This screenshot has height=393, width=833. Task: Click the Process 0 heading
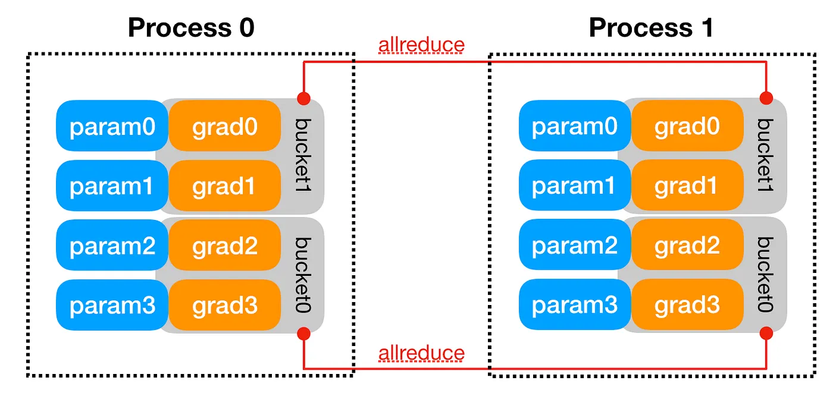[x=191, y=27]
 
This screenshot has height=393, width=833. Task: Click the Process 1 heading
[x=651, y=27]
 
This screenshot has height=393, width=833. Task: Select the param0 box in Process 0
[x=112, y=126]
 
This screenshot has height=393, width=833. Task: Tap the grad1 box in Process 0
[x=224, y=186]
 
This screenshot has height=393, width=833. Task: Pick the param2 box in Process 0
[x=112, y=246]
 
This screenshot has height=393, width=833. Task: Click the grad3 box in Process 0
[x=224, y=305]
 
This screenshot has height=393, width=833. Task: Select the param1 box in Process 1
[x=575, y=186]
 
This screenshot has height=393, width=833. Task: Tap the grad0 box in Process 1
[x=687, y=126]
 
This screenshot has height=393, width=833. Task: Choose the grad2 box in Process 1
[x=687, y=246]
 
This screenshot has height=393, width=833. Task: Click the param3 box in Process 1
[x=575, y=305]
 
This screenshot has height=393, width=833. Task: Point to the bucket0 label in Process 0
[x=304, y=274]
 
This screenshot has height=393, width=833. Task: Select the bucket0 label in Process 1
[x=766, y=274]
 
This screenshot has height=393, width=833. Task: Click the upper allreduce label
[x=421, y=45]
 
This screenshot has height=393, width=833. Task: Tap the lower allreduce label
[x=421, y=353]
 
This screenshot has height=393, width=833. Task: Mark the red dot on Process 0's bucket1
[x=304, y=98]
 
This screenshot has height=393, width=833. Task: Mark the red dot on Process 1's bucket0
[x=766, y=333]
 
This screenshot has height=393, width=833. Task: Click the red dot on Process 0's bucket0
[x=304, y=333]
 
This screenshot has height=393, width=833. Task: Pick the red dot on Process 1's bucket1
[x=766, y=98]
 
